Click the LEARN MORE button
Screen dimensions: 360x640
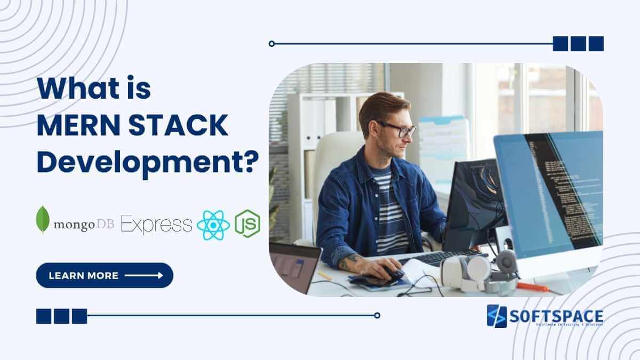click(105, 275)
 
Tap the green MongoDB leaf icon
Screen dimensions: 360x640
click(42, 220)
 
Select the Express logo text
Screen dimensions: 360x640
click(156, 225)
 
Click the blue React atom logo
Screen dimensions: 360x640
click(213, 225)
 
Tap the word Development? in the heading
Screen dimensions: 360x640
click(144, 161)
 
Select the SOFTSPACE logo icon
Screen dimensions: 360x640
click(497, 316)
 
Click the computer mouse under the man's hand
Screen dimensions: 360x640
click(392, 274)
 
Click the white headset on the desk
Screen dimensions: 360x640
click(480, 269)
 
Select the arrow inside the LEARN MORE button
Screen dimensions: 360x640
click(144, 276)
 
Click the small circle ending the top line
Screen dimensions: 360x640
click(271, 44)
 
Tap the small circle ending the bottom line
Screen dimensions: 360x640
click(377, 315)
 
